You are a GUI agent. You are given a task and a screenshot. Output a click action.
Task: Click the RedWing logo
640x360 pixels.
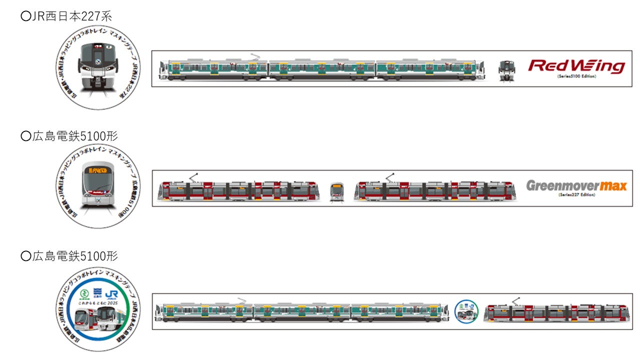576,65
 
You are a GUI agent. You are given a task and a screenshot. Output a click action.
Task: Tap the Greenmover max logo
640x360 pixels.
576,186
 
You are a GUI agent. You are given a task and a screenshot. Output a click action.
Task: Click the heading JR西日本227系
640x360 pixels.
66,16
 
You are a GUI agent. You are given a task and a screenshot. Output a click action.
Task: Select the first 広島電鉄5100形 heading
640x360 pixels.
69,136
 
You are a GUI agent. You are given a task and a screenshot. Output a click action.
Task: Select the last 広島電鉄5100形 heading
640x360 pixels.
69,256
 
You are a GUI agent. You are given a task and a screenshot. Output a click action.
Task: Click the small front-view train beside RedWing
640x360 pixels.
507,70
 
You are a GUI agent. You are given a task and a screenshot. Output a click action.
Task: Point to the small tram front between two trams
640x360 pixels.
337,191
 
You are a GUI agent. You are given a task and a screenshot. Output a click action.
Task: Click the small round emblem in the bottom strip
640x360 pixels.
466,312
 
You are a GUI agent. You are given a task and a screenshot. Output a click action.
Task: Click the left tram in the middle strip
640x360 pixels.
239,190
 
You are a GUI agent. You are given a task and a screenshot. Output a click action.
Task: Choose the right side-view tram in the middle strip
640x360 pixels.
434,190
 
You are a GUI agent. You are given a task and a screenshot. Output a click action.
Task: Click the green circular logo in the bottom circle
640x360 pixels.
85,291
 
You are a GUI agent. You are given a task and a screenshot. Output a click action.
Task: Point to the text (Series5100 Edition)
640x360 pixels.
576,76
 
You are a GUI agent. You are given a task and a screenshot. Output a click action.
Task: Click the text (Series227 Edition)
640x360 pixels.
576,195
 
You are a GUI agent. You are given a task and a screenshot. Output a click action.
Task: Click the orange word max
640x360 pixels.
613,186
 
